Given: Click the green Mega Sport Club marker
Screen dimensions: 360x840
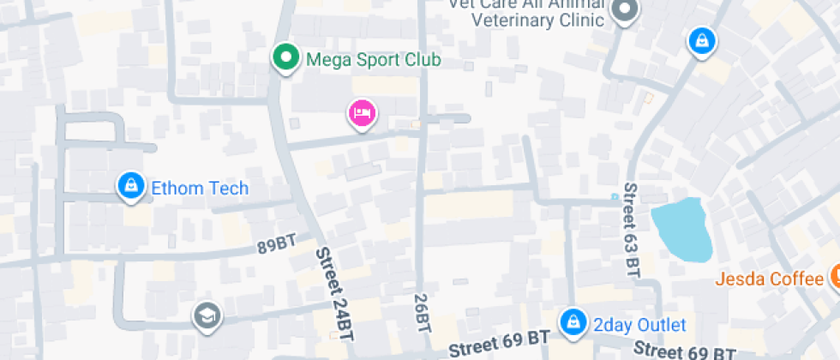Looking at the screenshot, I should click(285, 58).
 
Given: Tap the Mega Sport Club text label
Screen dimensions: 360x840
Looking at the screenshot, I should click(373, 60).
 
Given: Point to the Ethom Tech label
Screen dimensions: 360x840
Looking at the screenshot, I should click(200, 189).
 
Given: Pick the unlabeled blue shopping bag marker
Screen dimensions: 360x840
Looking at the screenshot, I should click(701, 40).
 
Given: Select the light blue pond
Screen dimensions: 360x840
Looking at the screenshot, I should click(683, 229).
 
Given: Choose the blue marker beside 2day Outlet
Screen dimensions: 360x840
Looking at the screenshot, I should click(571, 322).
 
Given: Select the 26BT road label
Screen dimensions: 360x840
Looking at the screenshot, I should click(422, 312).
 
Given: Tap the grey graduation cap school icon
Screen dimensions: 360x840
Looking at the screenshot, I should click(207, 315).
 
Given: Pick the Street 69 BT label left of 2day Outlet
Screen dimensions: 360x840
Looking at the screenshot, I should click(499, 343).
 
